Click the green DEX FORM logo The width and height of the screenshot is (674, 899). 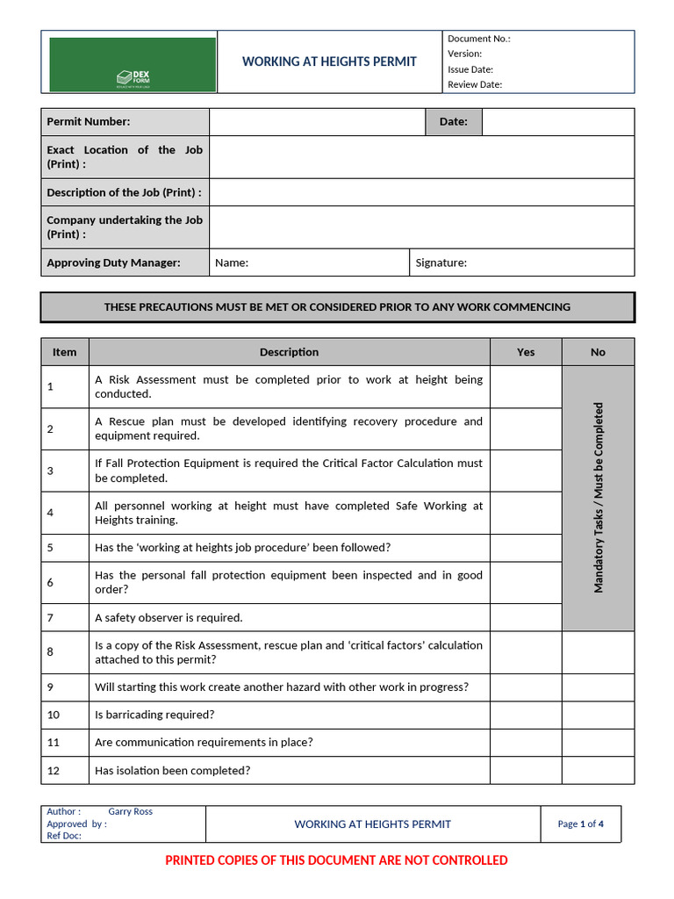point(133,64)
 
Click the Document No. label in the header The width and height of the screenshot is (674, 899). point(478,39)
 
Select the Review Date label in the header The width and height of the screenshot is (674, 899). point(475,85)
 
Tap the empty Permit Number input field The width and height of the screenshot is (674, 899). point(317,122)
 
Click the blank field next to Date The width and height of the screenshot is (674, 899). point(557,122)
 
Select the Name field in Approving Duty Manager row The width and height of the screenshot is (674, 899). point(309,263)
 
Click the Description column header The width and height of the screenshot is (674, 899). point(289,352)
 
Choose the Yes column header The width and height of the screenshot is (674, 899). point(525,352)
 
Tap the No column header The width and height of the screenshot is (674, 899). point(598,352)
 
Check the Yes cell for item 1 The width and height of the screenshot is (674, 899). point(525,387)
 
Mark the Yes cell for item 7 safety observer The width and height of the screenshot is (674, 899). point(525,617)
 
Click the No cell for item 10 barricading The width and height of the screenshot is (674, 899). point(598,715)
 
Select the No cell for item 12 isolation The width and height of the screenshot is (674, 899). point(598,771)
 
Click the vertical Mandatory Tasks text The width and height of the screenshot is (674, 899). point(599,498)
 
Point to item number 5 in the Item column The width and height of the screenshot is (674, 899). point(51,548)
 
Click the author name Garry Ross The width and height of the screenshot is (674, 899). point(130,812)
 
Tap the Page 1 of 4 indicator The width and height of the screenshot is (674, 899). point(580,823)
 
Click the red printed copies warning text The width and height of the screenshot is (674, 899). point(336,860)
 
